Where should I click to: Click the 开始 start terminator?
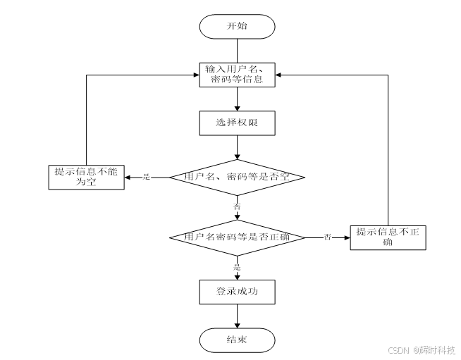(x=237, y=27)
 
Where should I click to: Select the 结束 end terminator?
(x=237, y=340)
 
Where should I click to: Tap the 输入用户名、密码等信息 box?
(x=237, y=74)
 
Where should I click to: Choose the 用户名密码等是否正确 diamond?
(x=237, y=237)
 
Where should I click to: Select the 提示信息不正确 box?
(x=388, y=237)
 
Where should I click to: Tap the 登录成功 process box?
(x=237, y=290)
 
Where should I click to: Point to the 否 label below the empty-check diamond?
(x=237, y=206)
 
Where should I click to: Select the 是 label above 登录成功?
(x=237, y=266)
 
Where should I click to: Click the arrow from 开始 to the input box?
(x=237, y=51)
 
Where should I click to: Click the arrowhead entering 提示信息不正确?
(x=346, y=237)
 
